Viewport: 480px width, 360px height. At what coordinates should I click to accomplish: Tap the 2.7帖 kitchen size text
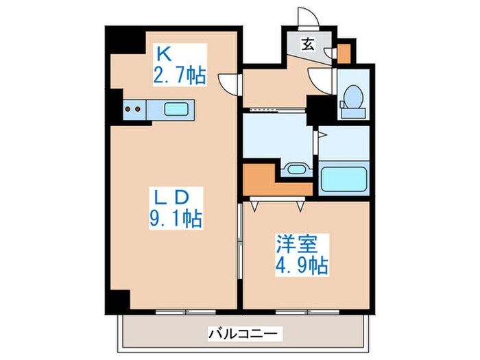(x=180, y=74)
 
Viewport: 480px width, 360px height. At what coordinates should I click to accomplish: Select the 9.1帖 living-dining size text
(x=176, y=219)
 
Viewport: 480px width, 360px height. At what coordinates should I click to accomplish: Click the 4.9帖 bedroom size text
(x=302, y=264)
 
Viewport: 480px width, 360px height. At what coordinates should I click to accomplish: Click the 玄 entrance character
(x=309, y=45)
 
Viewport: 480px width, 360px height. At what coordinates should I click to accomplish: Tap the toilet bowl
(x=352, y=97)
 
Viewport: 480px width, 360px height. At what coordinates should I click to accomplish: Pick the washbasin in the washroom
(x=297, y=169)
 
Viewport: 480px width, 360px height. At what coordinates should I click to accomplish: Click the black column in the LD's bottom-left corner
(x=121, y=300)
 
